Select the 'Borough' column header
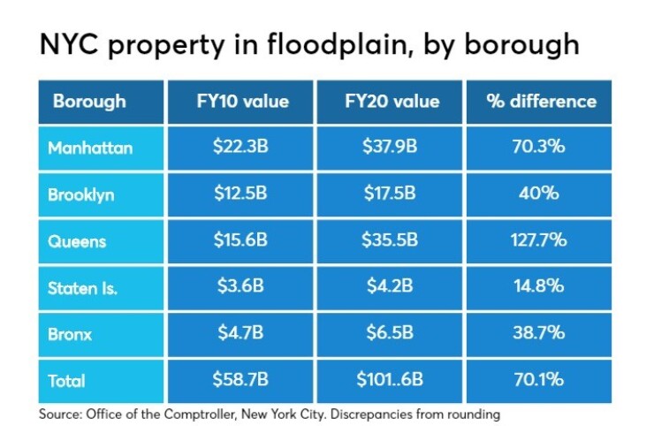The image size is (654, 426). coord(89,101)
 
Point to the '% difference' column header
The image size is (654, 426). coord(542,101)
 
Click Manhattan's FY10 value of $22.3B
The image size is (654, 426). coord(241,148)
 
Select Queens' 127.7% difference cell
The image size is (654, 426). coord(542,240)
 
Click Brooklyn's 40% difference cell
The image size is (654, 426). coord(542,194)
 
